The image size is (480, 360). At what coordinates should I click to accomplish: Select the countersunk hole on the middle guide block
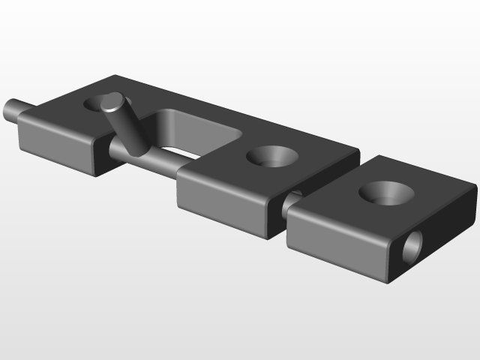click(x=271, y=157)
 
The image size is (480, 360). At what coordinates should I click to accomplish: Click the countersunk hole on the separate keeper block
click(x=387, y=192)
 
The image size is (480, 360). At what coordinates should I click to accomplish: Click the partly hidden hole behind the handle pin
click(x=95, y=103)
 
